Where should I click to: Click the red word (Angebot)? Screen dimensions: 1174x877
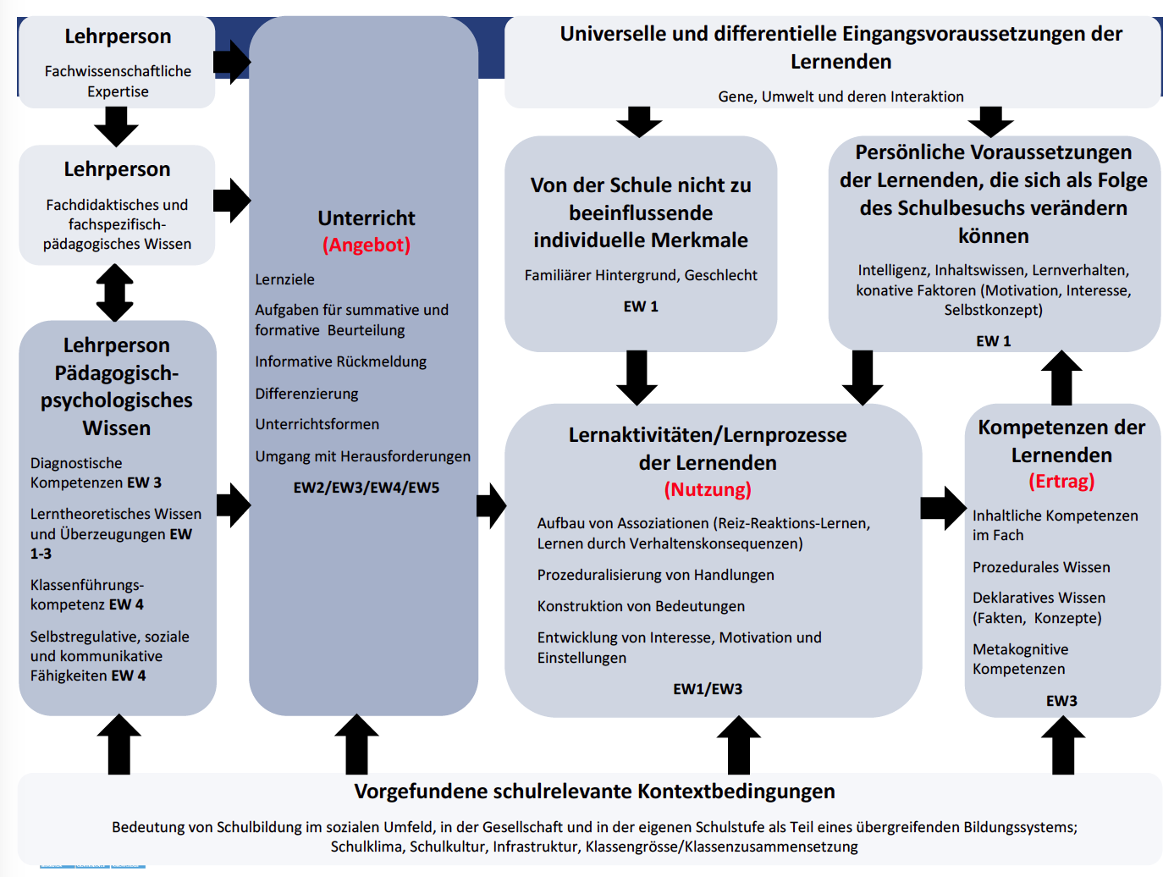tap(367, 245)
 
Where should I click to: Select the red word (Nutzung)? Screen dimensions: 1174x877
tap(708, 489)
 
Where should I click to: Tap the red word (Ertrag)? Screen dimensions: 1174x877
tap(1061, 481)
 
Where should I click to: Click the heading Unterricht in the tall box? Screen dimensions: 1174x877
tap(367, 218)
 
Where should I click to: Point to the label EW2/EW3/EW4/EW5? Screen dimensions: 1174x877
tap(367, 488)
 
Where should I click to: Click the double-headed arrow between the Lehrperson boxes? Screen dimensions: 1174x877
tap(115, 293)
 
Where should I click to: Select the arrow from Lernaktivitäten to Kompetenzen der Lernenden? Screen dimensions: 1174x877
tap(944, 508)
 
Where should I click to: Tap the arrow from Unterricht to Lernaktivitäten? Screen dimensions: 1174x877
tap(492, 506)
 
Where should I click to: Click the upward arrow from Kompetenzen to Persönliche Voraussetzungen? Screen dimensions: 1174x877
tap(1061, 378)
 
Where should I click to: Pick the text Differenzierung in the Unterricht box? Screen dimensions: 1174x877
tap(306, 394)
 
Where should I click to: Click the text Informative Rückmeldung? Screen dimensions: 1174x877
tap(341, 362)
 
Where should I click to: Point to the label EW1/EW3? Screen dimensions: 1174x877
tap(708, 689)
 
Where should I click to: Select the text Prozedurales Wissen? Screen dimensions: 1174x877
tap(1041, 567)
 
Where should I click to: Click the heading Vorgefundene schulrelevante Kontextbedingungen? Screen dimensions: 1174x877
tap(594, 792)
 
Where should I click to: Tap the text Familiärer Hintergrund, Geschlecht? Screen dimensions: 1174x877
tap(641, 275)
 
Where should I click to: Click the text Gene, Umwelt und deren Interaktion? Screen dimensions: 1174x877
tap(841, 97)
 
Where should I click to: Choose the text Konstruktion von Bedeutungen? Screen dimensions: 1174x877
tap(641, 606)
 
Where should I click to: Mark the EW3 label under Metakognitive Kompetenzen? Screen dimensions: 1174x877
tap(1061, 701)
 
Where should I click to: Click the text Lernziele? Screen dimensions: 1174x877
tap(284, 279)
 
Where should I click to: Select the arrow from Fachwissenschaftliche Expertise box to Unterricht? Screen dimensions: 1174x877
tap(232, 62)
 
